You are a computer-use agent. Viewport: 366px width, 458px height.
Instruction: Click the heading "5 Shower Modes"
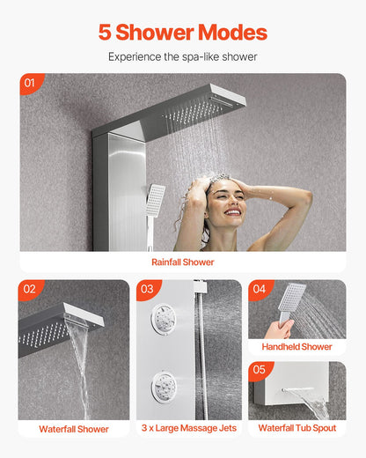point(183,33)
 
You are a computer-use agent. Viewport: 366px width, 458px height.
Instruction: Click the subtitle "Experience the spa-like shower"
point(183,56)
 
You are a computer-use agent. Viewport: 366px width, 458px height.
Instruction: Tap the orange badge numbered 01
point(30,83)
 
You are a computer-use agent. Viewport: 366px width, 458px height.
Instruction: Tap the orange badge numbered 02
point(28,289)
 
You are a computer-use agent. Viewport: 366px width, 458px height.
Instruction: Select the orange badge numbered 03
point(146,289)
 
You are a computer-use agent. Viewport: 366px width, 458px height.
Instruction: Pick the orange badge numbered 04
point(259,289)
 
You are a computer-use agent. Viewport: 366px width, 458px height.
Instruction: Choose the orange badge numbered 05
point(259,371)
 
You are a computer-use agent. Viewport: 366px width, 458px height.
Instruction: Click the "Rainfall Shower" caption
point(183,262)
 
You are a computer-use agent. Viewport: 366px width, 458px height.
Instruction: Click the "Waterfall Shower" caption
point(74,429)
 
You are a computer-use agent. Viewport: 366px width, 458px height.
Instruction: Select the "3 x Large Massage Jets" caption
point(188,429)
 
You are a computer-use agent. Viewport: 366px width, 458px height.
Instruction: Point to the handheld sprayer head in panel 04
point(292,298)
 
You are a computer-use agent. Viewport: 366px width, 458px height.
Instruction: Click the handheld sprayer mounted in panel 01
point(156,198)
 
